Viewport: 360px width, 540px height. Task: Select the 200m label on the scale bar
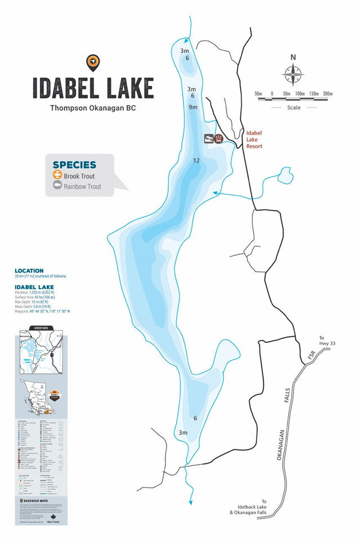(x=327, y=93)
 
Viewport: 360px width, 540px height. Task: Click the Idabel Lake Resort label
(x=254, y=139)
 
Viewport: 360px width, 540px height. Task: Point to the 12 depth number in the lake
(x=196, y=161)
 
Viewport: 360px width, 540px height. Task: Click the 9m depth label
(x=193, y=107)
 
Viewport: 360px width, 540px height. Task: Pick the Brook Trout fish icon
(x=57, y=176)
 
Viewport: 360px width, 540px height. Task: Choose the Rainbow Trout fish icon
(x=57, y=186)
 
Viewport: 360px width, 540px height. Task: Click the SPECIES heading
(x=74, y=165)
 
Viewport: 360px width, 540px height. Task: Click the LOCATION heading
(x=29, y=271)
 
